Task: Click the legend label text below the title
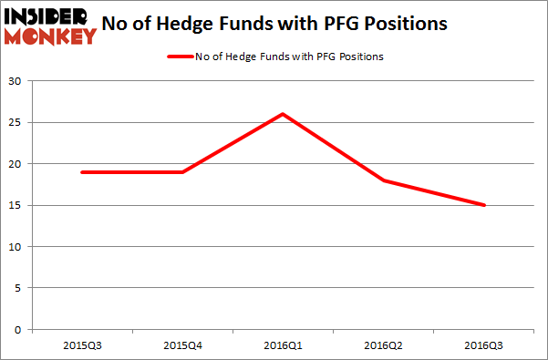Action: pyautogui.click(x=289, y=57)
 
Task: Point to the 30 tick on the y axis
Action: pyautogui.click(x=16, y=81)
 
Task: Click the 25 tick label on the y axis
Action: pyautogui.click(x=16, y=123)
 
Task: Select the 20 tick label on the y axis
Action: pyautogui.click(x=16, y=164)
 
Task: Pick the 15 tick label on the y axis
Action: pyautogui.click(x=16, y=205)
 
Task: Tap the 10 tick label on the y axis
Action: pyautogui.click(x=16, y=247)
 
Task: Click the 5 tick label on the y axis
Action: pyautogui.click(x=18, y=288)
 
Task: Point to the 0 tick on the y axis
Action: pyautogui.click(x=18, y=330)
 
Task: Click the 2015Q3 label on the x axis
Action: pyautogui.click(x=82, y=345)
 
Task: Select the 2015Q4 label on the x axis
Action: pyautogui.click(x=182, y=345)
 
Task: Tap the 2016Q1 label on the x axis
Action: pyautogui.click(x=283, y=345)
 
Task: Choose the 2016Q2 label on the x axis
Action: pyautogui.click(x=384, y=345)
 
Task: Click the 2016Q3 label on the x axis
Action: pyautogui.click(x=484, y=345)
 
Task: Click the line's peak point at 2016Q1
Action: pyautogui.click(x=283, y=114)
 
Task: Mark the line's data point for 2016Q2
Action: pyautogui.click(x=384, y=180)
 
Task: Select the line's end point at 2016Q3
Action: pyautogui.click(x=484, y=205)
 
